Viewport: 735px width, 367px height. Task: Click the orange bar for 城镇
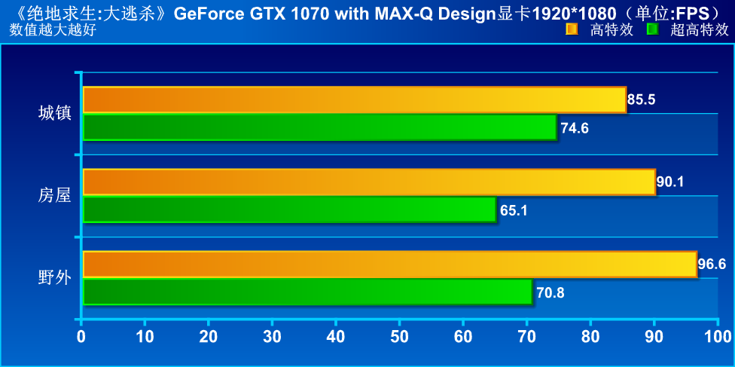354,99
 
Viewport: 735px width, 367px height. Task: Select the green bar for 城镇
319,127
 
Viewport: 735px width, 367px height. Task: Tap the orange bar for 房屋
368,182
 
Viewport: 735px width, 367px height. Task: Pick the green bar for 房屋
289,209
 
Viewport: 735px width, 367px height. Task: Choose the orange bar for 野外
389,265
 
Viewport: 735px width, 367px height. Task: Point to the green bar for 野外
307,292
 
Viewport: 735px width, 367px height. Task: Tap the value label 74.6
574,128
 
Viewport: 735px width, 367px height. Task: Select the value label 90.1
670,182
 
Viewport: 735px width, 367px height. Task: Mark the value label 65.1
514,210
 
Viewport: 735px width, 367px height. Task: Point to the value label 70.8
550,292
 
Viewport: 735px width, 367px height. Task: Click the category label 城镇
54,113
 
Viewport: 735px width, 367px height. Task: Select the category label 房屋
54,196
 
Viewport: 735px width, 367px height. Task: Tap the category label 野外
54,278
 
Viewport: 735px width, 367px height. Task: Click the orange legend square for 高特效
572,29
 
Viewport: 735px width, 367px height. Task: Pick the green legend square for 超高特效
652,29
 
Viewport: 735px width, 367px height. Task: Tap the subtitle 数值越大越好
53,29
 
